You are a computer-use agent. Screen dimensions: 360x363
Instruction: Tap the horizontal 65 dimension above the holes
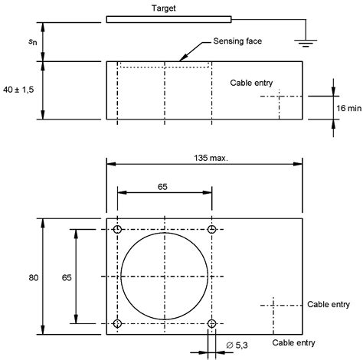[164, 186]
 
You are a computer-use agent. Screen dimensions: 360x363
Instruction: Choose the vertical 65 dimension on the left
[64, 277]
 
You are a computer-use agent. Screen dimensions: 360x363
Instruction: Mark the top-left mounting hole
[117, 230]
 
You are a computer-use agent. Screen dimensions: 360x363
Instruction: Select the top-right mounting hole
[211, 230]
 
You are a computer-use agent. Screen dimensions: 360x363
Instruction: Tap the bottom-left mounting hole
[117, 323]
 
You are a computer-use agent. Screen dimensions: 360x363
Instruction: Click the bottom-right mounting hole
[211, 323]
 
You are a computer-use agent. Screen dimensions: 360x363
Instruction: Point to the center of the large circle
[164, 277]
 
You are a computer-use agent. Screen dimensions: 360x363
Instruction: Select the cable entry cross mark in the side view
[280, 96]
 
